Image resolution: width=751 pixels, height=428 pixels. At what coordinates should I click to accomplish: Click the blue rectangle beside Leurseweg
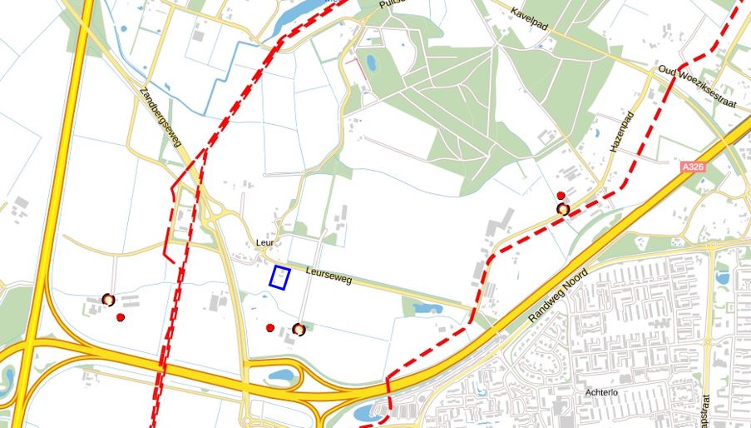[279, 277]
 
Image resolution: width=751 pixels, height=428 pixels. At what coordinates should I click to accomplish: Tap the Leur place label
[265, 244]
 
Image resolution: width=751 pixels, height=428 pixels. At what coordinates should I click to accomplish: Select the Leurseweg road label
[329, 276]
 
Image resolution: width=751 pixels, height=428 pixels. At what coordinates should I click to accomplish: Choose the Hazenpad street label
[622, 131]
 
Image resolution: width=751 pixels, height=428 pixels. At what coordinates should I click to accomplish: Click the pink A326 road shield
[693, 167]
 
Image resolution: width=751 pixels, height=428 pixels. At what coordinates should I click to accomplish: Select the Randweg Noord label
[558, 295]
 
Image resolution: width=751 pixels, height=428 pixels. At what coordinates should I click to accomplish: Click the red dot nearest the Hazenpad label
[561, 196]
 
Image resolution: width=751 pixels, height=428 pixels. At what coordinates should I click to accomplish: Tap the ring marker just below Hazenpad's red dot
[564, 209]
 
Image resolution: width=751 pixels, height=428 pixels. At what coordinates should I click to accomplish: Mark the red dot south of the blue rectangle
[270, 328]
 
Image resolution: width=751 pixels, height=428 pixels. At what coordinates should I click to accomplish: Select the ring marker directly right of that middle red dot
[299, 330]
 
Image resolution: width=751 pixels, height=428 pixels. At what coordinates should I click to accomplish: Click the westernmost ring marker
[108, 300]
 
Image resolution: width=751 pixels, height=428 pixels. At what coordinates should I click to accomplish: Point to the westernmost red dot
[121, 318]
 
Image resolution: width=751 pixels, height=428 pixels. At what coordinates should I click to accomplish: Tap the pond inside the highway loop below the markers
[281, 376]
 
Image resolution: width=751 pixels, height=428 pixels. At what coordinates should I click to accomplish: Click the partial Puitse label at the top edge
[391, 4]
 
